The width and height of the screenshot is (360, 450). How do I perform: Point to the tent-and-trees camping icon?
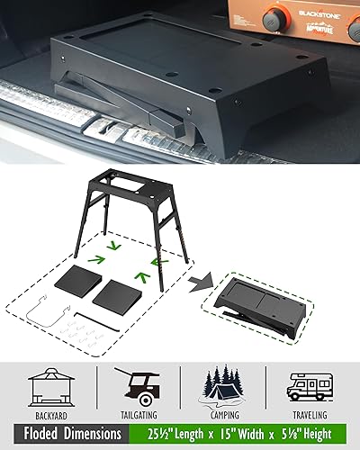click(224, 385)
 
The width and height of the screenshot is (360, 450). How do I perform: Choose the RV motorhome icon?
click(311, 387)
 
